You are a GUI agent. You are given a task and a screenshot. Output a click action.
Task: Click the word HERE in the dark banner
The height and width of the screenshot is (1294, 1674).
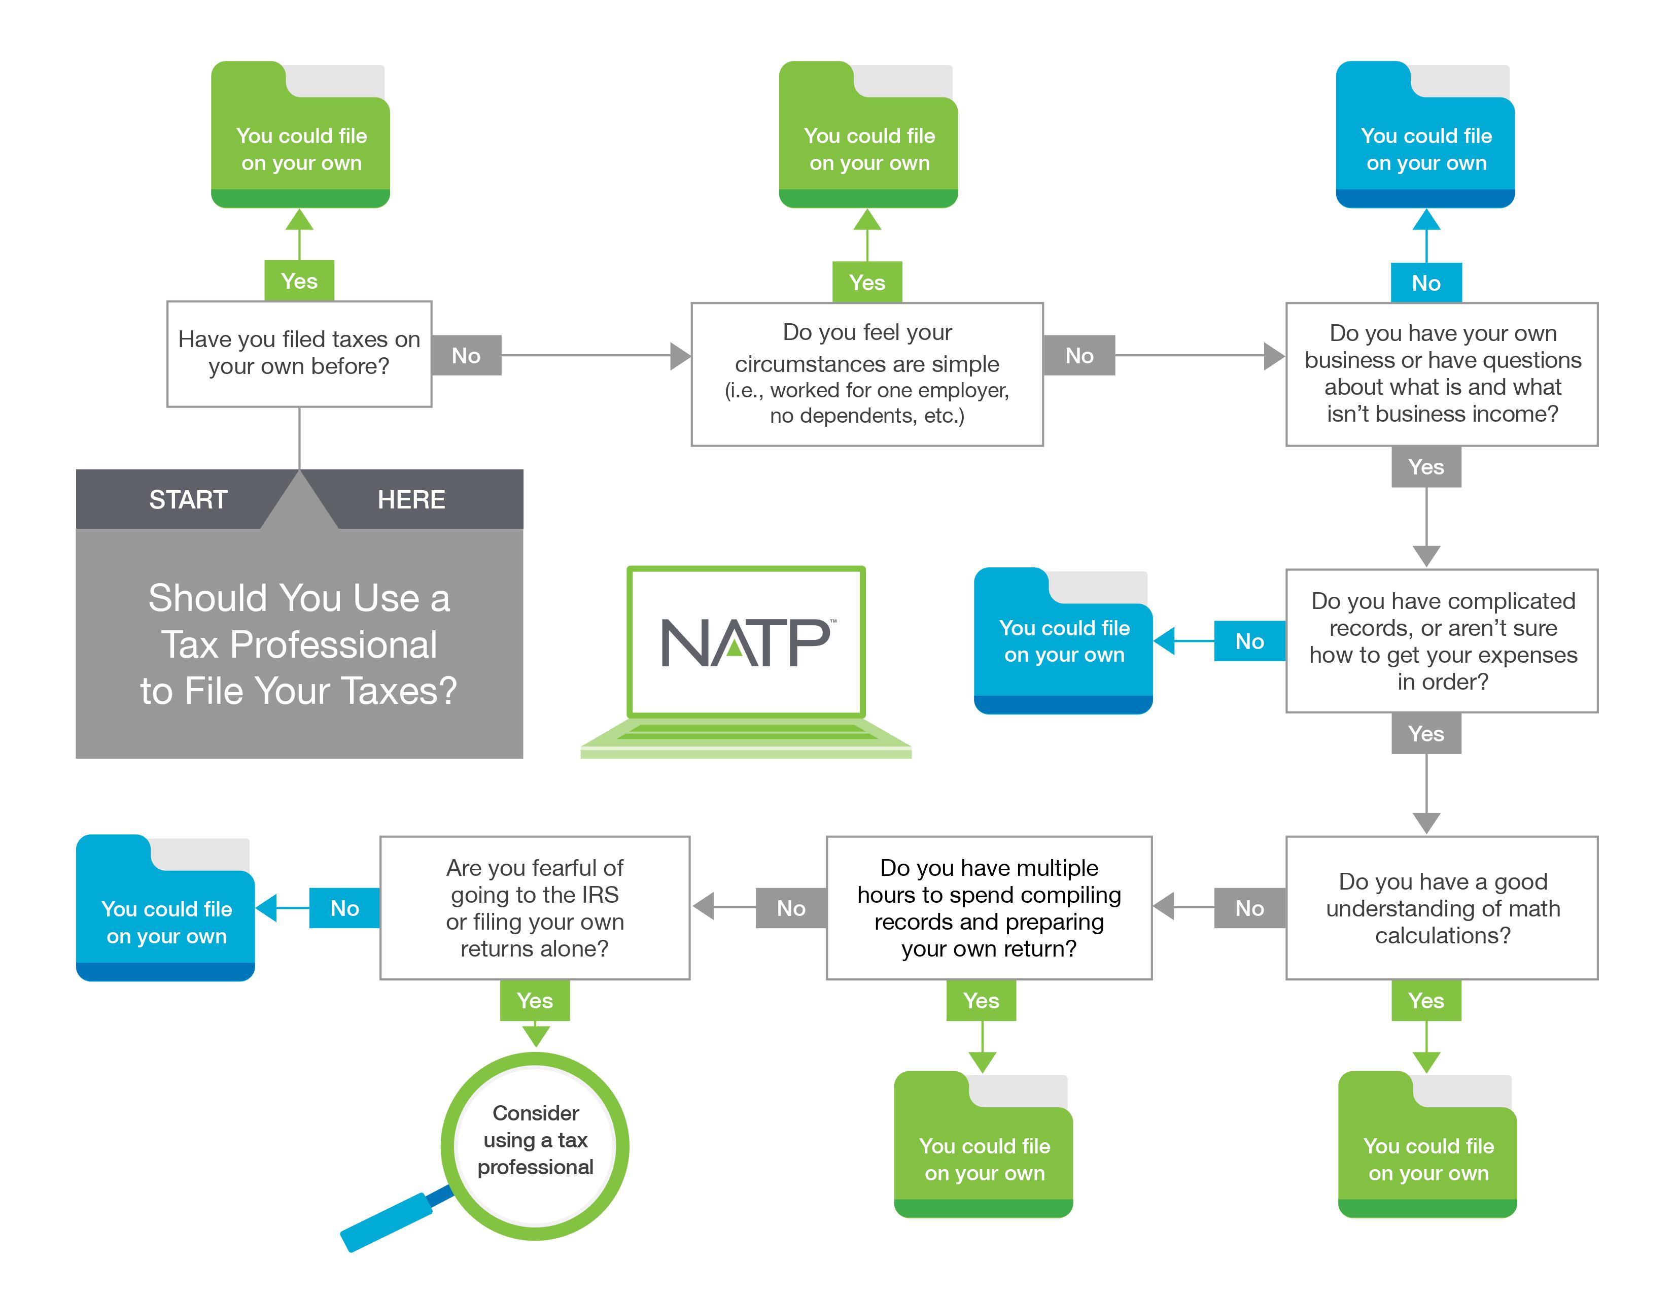tap(411, 500)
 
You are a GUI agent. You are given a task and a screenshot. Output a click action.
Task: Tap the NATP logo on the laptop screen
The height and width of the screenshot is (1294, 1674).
tap(746, 642)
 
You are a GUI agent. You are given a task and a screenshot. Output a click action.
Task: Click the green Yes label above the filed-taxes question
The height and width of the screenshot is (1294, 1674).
tap(299, 281)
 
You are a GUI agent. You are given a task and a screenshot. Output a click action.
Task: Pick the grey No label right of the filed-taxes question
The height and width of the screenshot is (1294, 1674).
tap(466, 356)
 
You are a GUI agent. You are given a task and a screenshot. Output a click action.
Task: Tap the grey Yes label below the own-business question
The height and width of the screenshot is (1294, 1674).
tap(1425, 467)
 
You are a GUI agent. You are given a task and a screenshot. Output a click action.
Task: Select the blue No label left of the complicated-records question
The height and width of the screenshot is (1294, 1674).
tap(1249, 641)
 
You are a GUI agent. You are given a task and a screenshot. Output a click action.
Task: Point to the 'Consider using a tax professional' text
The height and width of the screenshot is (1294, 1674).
tap(535, 1140)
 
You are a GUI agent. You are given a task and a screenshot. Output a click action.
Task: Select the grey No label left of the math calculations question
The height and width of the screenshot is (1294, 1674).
tap(1249, 908)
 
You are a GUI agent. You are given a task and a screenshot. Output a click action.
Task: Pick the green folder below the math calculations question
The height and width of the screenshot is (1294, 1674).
tap(1427, 1146)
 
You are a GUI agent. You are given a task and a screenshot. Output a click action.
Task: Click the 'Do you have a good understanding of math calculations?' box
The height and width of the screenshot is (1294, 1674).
tap(1442, 908)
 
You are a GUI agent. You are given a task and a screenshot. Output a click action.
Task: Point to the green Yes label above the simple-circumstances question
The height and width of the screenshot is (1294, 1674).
tap(867, 283)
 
